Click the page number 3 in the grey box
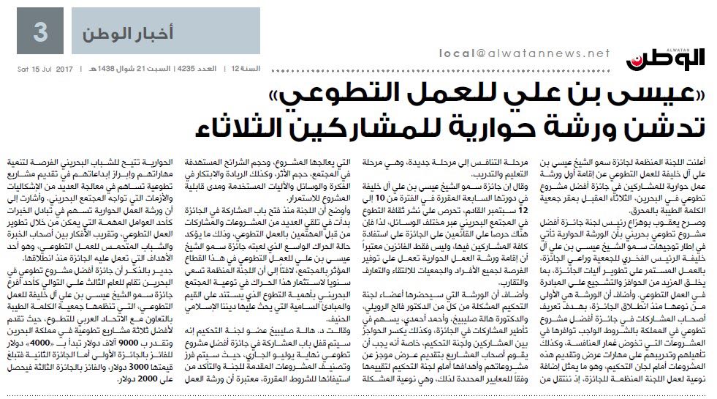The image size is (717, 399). tap(42, 32)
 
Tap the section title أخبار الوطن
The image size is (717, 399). tap(118, 34)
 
